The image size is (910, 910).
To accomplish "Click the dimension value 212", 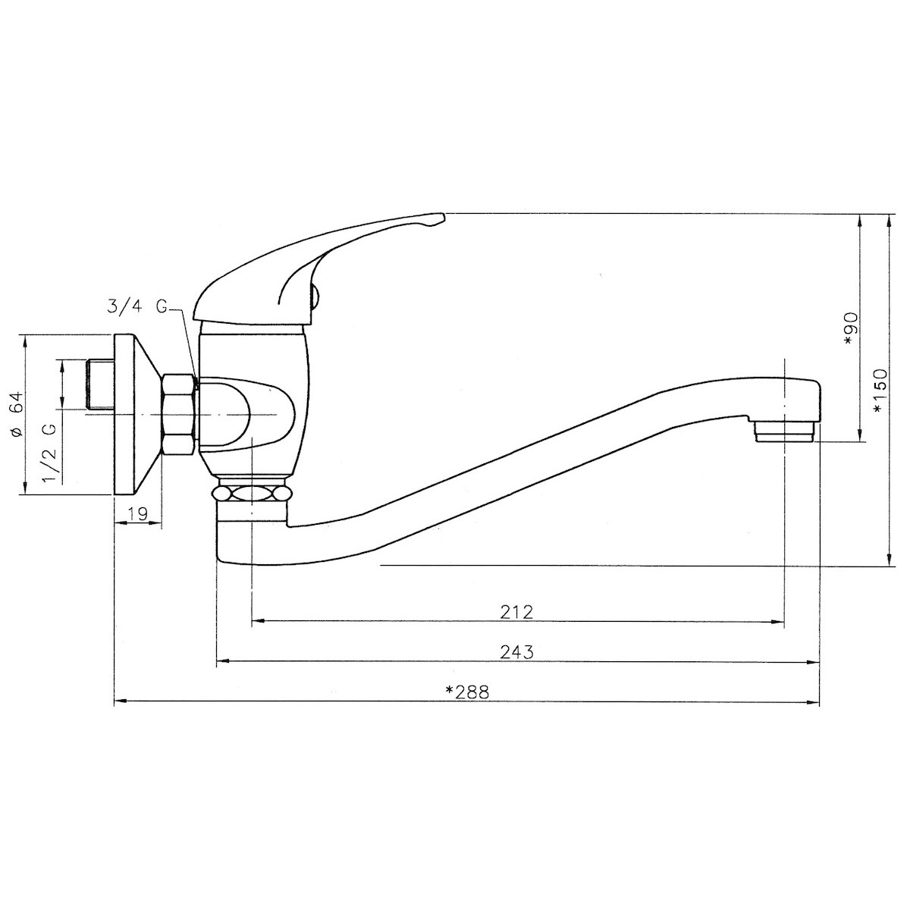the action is pyautogui.click(x=516, y=612).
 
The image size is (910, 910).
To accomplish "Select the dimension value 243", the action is pyautogui.click(x=516, y=652).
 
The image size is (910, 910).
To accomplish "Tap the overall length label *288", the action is pyautogui.click(x=467, y=692).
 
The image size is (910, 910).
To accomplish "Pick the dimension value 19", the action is pyautogui.click(x=137, y=513).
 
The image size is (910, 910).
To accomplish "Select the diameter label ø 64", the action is pyautogui.click(x=17, y=414).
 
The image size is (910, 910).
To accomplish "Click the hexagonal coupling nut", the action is pyautogui.click(x=178, y=415).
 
